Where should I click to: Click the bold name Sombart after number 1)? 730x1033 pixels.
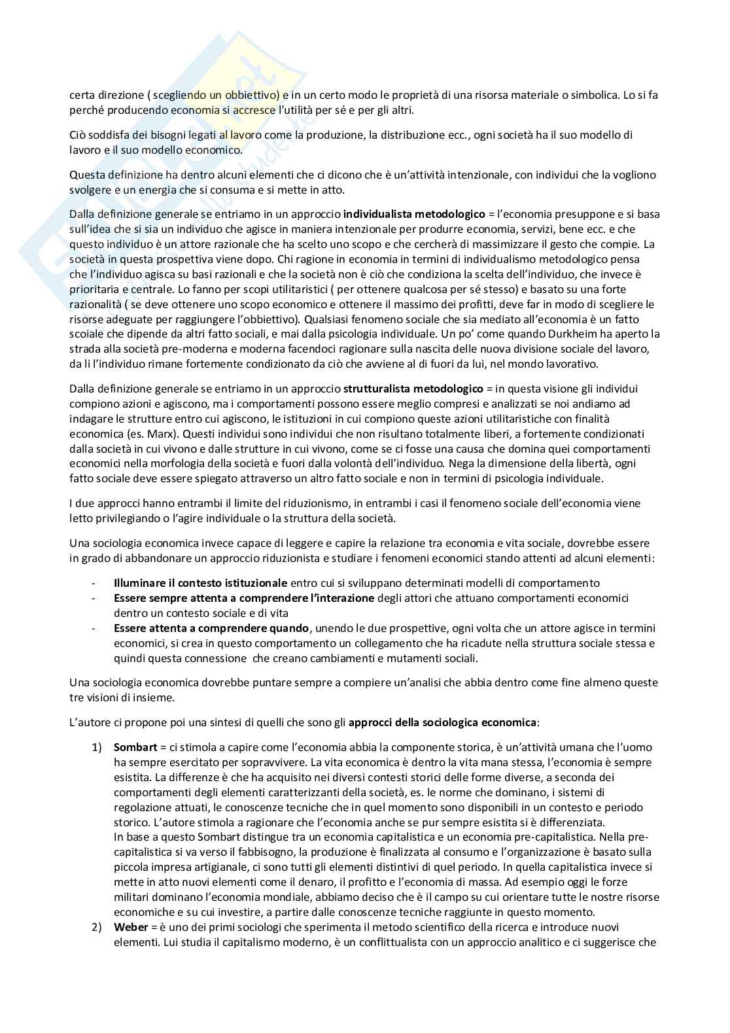134,747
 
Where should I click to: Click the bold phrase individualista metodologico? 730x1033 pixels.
414,214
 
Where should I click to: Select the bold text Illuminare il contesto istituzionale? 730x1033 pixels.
200,583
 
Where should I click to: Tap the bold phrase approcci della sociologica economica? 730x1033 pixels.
442,723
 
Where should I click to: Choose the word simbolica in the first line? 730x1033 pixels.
591,95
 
